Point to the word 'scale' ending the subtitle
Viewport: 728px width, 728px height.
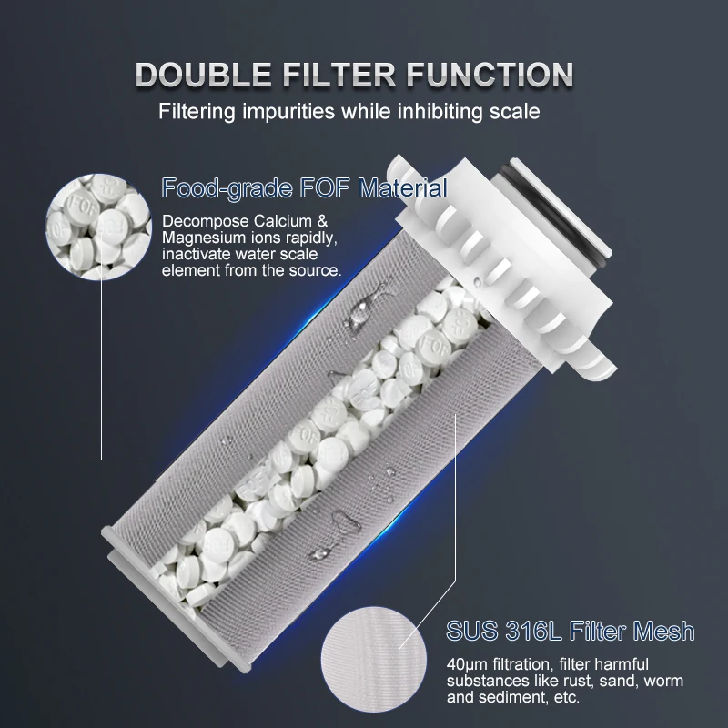click(x=516, y=113)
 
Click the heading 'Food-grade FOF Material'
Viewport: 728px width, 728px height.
click(x=304, y=189)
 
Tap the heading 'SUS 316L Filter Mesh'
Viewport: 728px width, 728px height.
click(x=571, y=631)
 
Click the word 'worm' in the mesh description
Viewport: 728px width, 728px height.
click(x=663, y=681)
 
